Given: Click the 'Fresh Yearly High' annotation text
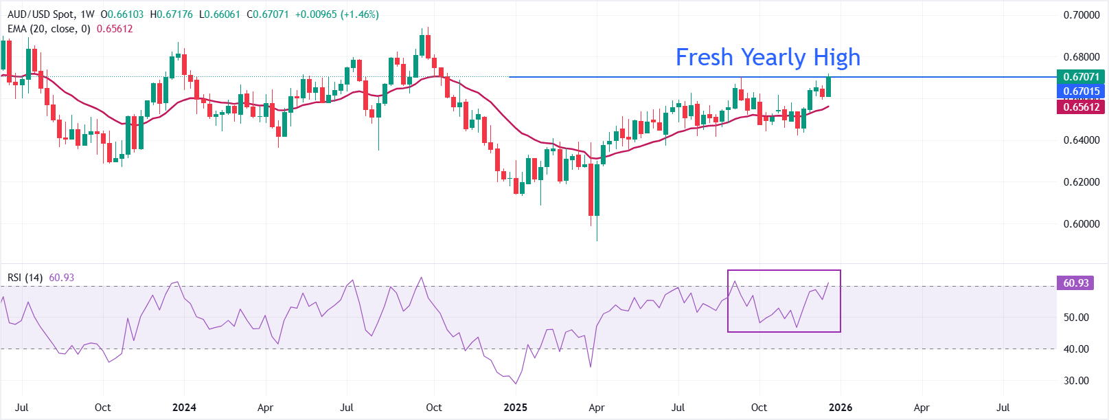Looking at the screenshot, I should click(x=768, y=57).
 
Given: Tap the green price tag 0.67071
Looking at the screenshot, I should click(x=1081, y=76).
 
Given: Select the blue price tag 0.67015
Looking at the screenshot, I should click(x=1081, y=91).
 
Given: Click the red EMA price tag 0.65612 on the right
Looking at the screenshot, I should click(x=1081, y=107).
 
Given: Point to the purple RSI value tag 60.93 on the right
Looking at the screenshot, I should click(x=1076, y=283).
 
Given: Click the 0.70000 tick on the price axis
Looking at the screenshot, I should click(x=1081, y=15).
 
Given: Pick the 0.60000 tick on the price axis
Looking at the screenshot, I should click(x=1081, y=224).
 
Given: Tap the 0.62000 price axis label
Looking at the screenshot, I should click(x=1081, y=182).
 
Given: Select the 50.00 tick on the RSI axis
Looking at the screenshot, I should click(x=1076, y=318).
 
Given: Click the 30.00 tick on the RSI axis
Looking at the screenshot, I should click(x=1076, y=381).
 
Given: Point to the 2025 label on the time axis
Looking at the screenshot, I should click(x=515, y=408).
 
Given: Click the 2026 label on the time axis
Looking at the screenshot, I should click(x=841, y=408).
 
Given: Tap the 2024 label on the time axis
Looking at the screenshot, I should click(x=184, y=408).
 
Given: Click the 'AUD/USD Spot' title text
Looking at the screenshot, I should click(x=41, y=14).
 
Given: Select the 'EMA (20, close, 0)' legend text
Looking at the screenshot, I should click(x=49, y=29).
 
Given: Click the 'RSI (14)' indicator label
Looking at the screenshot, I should click(x=25, y=278).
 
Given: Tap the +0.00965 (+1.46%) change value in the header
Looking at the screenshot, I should click(x=336, y=14).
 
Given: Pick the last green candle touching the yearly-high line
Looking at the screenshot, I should click(x=829, y=85).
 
